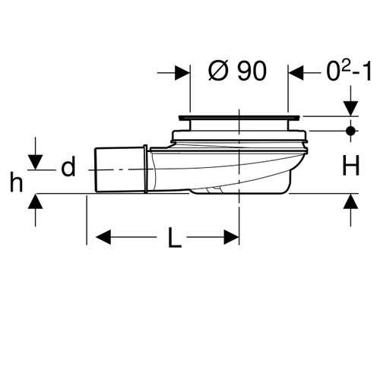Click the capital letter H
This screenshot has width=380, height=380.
(350, 166)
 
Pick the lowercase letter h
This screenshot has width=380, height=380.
(15, 182)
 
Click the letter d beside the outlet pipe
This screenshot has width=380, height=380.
(68, 167)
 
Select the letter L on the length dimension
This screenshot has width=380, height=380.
(175, 239)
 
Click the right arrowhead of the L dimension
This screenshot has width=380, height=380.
(233, 238)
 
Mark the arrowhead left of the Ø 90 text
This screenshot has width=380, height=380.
(182, 73)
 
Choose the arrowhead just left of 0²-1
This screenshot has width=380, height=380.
(296, 73)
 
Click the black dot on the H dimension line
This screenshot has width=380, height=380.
(350, 130)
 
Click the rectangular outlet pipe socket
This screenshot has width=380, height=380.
(120, 167)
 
